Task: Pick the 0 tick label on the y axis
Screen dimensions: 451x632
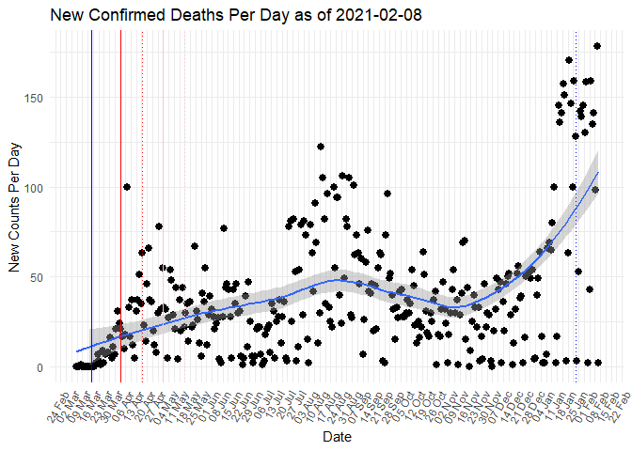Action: pos(40,367)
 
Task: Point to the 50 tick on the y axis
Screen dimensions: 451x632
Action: pos(38,277)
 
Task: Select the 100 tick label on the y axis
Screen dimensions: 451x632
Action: pos(35,188)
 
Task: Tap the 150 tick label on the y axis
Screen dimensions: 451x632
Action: pos(35,98)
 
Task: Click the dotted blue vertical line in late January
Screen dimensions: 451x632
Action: pos(577,235)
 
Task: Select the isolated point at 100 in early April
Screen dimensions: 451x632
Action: pos(127,187)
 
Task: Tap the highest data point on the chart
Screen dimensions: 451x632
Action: pos(596,46)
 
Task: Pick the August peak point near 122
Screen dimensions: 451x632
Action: pos(321,147)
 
